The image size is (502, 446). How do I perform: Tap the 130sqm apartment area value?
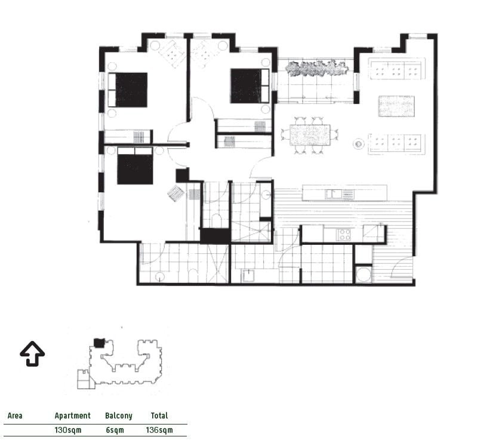68,430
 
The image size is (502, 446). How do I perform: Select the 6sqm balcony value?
115,430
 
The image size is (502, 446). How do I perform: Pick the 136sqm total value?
159,430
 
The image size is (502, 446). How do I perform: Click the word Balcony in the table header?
118,416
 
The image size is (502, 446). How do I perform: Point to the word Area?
15,416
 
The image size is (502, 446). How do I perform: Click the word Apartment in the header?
72,416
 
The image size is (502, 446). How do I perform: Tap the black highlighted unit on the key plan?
99,343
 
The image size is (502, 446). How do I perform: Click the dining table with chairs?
310,135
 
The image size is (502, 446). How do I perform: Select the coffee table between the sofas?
396,106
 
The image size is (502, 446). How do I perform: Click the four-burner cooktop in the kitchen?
344,235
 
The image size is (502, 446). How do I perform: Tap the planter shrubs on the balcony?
316,69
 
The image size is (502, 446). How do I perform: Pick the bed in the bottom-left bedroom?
135,165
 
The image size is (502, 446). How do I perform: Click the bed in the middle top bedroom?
250,86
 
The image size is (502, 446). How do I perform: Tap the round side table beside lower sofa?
359,144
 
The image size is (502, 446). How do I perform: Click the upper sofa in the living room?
397,69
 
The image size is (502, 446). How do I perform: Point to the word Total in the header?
159,416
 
